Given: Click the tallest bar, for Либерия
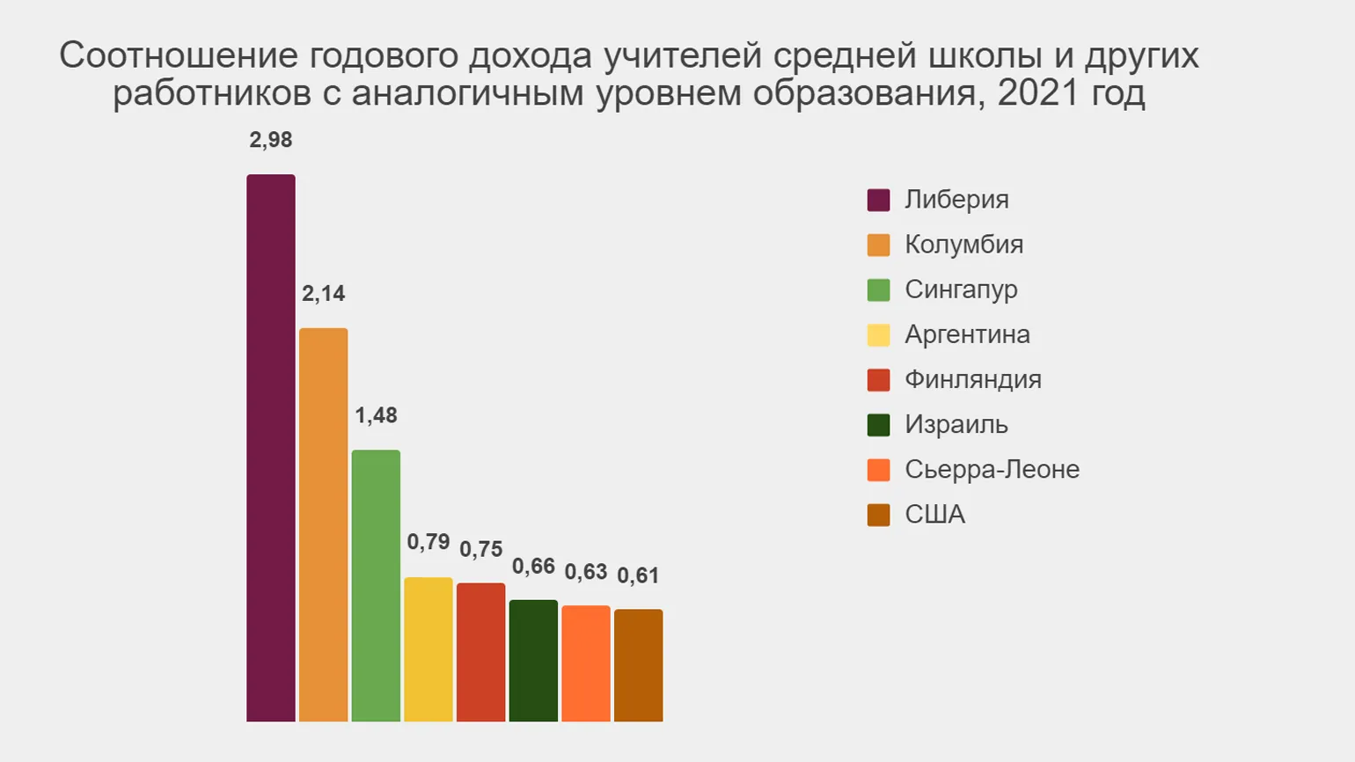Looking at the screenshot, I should [271, 448].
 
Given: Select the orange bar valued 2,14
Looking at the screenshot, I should [323, 524].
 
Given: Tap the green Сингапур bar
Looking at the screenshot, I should [376, 585].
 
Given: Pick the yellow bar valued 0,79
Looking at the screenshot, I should [428, 649].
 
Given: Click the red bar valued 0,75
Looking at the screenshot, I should [480, 652].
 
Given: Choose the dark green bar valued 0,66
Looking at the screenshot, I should [533, 661].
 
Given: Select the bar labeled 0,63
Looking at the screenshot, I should [586, 663].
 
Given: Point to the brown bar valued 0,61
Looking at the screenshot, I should [638, 665].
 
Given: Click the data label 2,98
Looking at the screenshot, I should [271, 140].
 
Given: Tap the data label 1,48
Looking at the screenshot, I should [376, 415].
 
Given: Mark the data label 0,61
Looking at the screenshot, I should [638, 575].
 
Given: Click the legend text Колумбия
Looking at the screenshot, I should [963, 245].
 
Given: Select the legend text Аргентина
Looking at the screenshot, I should [967, 334].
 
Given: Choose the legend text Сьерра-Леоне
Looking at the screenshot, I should [992, 469].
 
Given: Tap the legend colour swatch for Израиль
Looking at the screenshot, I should [878, 425].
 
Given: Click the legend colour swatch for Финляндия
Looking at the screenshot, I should [878, 380].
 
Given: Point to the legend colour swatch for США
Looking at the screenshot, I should [878, 515].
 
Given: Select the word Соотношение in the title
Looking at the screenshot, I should [179, 55].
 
